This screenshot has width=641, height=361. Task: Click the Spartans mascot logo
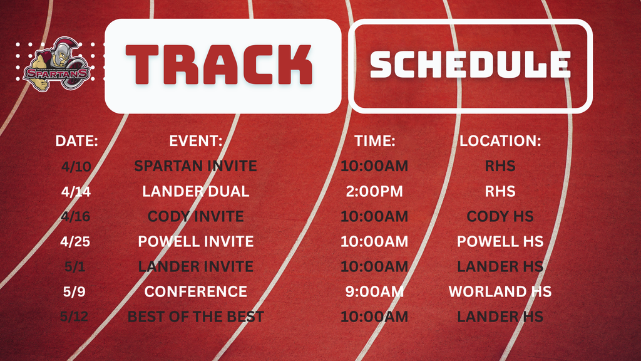[x=56, y=65]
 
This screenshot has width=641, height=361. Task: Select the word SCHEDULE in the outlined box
[x=471, y=65]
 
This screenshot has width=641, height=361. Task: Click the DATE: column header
[x=77, y=141]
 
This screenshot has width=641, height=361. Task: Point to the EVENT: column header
[x=196, y=141]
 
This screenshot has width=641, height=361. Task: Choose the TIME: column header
[x=375, y=141]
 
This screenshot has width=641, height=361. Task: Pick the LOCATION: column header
[x=500, y=141]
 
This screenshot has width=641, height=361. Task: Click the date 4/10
[x=76, y=166]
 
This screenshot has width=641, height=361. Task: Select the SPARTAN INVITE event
[x=195, y=166]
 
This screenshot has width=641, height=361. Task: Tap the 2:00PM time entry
[x=374, y=191]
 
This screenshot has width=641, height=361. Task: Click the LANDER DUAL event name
[x=195, y=191]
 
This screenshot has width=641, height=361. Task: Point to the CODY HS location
[x=500, y=216]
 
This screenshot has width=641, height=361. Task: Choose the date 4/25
[x=76, y=241]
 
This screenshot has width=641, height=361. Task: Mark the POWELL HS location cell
[x=500, y=241]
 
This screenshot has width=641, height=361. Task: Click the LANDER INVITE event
[x=195, y=266]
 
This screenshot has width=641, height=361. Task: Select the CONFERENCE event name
[x=195, y=291]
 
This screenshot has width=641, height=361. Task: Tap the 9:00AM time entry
[x=374, y=291]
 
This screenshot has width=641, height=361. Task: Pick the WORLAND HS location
[x=500, y=291]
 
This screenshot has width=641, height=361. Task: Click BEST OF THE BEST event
[x=195, y=317]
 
